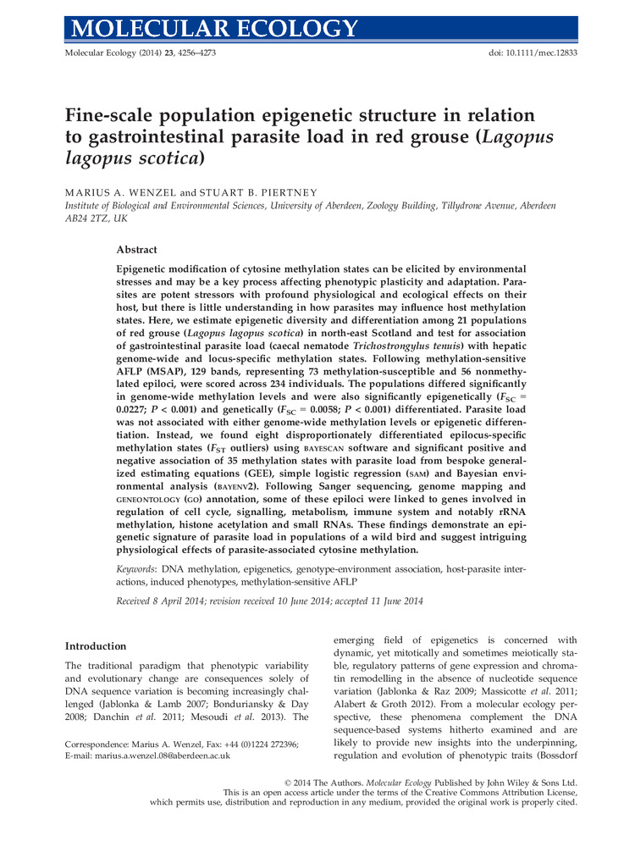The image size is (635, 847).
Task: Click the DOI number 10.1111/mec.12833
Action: [x=536, y=53]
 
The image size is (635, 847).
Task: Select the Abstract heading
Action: [x=136, y=250]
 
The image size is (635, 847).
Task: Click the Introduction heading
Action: [x=97, y=646]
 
